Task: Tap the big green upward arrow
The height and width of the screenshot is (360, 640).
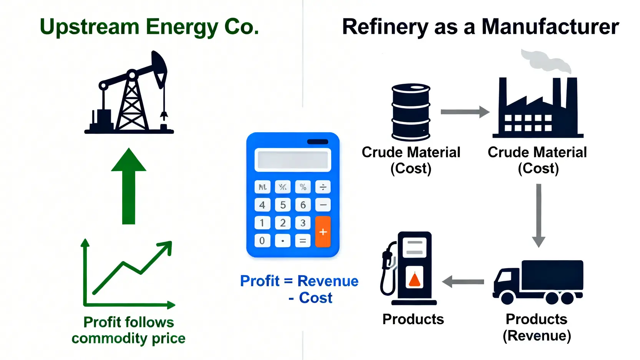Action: (x=129, y=186)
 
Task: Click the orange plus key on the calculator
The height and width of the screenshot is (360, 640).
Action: (x=323, y=232)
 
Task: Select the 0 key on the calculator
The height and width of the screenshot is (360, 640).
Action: (x=262, y=241)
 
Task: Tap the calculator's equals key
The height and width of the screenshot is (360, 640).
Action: (x=303, y=241)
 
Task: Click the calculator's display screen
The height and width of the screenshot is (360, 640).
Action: (x=293, y=160)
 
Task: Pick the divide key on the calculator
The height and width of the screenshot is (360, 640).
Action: (x=323, y=187)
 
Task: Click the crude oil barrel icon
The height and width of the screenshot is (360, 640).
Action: (x=411, y=112)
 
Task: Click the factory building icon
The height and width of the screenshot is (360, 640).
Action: (x=538, y=109)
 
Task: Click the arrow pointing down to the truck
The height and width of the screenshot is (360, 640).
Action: (x=539, y=215)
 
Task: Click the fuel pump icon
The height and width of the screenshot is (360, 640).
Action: (x=410, y=269)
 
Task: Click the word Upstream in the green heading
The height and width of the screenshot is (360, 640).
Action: (x=90, y=28)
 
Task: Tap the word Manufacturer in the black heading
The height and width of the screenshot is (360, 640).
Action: (x=550, y=27)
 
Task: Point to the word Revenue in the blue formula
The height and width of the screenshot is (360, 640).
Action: (x=328, y=281)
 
